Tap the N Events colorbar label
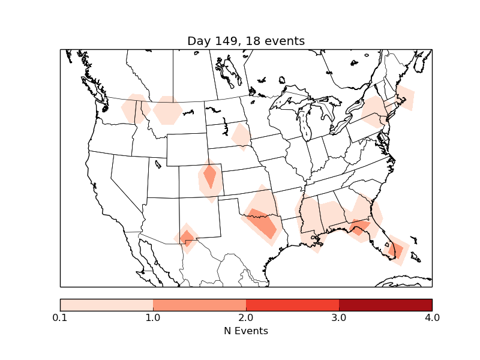pos(246,331)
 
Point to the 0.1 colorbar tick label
pos(60,317)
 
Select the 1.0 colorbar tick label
pos(153,317)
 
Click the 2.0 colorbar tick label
pos(246,317)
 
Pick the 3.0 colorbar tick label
pos(339,317)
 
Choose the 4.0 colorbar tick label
pos(432,317)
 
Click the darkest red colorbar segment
pos(385,305)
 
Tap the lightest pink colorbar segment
pos(106,305)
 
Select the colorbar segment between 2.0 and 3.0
pos(292,305)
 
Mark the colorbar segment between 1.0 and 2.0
pos(199,305)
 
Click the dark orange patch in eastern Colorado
pos(210,176)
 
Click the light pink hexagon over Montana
pos(168,110)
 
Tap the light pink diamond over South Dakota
pos(241,136)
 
